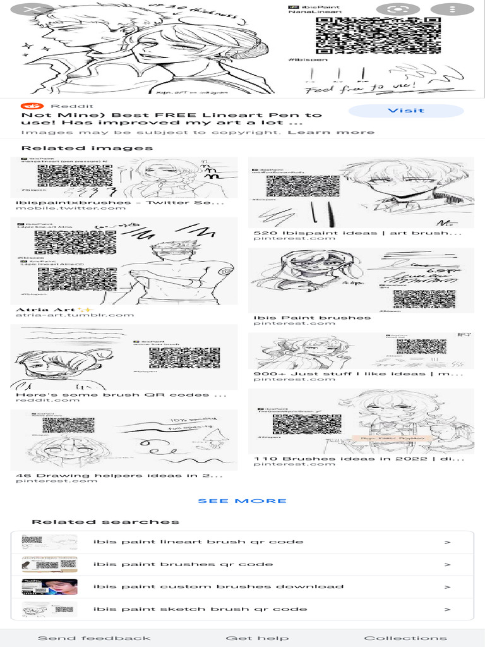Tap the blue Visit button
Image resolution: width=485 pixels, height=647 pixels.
[405, 111]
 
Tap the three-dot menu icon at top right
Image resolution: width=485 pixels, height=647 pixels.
[452, 9]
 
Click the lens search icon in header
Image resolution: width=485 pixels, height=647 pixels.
[398, 9]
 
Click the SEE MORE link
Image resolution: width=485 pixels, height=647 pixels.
[242, 501]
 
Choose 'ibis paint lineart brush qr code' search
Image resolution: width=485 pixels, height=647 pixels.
[198, 541]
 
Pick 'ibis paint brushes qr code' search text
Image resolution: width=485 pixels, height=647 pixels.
[183, 564]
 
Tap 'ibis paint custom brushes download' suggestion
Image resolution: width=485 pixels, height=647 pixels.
[219, 586]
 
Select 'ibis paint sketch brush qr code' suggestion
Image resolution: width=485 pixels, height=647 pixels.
[200, 609]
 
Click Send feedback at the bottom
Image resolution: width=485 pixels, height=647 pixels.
[94, 638]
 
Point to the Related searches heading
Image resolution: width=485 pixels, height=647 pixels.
[105, 522]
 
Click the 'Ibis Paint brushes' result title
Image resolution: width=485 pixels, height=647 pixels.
[312, 318]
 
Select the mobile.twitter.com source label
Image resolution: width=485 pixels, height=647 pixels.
[71, 208]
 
